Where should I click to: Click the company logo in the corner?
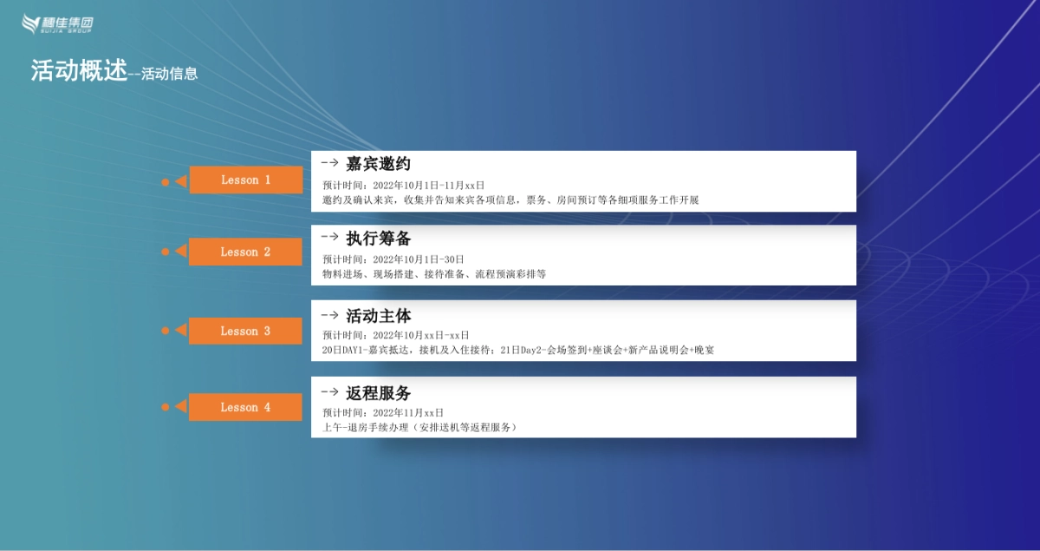(57, 23)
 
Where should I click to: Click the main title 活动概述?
(79, 70)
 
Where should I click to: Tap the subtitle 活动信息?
(170, 74)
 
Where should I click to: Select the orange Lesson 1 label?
(246, 180)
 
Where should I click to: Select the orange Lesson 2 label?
(245, 252)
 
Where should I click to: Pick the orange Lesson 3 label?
(245, 331)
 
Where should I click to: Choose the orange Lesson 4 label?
(245, 407)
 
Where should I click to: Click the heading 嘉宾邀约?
(378, 164)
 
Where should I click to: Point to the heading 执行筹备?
(379, 239)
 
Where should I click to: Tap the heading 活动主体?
(379, 316)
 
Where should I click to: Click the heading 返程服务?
(379, 393)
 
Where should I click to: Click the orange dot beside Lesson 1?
(166, 182)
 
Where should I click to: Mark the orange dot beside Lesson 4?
(166, 407)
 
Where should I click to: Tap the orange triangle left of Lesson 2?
(181, 251)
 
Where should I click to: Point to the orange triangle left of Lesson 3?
(181, 330)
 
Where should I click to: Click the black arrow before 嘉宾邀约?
(329, 163)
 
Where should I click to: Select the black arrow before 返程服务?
(329, 392)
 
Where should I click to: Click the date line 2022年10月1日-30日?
(419, 259)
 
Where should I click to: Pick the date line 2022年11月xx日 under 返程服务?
(408, 413)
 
